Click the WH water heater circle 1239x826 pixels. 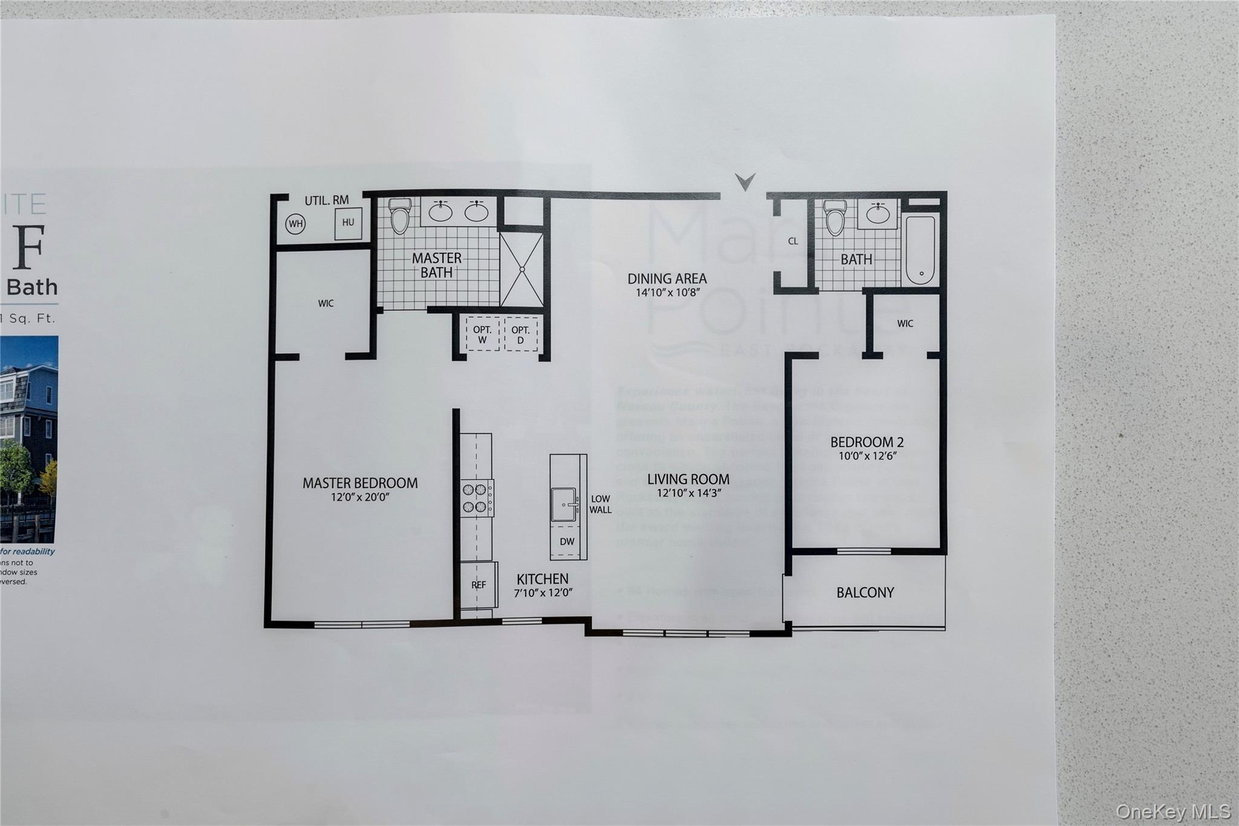point(295,224)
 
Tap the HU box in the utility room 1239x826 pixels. point(348,223)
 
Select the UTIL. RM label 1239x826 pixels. point(327,200)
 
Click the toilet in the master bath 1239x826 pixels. point(399,217)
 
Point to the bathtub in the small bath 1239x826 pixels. point(920,250)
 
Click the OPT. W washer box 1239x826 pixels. point(482,335)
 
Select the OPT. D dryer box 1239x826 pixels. point(520,335)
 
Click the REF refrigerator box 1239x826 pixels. point(479,585)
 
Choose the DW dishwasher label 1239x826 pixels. point(567,542)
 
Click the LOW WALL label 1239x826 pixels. point(601,504)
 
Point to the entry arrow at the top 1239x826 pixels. point(745,181)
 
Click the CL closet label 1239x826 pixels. point(793,241)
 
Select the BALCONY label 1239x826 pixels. point(865,592)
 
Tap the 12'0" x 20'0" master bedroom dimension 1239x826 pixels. point(360,497)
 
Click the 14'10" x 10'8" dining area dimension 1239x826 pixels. point(667,293)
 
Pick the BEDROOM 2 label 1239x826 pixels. point(867,442)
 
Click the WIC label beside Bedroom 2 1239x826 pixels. point(905,324)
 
